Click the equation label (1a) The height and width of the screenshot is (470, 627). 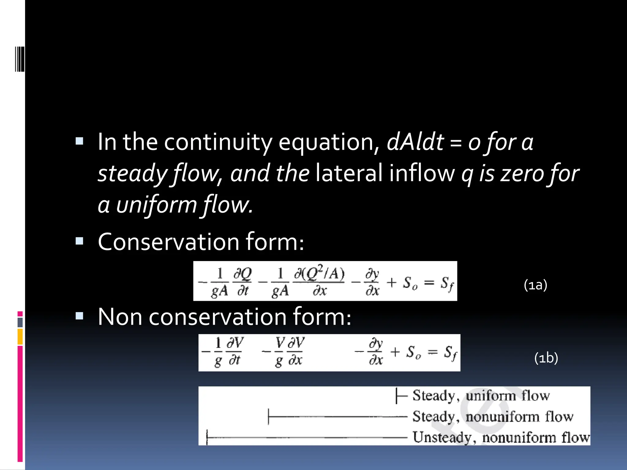pyautogui.click(x=535, y=285)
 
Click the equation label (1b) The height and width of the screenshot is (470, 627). pyautogui.click(x=546, y=358)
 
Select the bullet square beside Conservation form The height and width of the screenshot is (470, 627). pyautogui.click(x=79, y=241)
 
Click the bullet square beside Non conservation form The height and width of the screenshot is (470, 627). pyautogui.click(x=79, y=316)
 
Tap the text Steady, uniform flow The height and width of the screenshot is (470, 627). pyautogui.click(x=481, y=396)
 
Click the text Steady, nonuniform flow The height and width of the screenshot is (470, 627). pyautogui.click(x=493, y=416)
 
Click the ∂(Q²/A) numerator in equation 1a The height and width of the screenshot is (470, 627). pyautogui.click(x=319, y=274)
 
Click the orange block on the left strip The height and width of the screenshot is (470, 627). pyautogui.click(x=20, y=337)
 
